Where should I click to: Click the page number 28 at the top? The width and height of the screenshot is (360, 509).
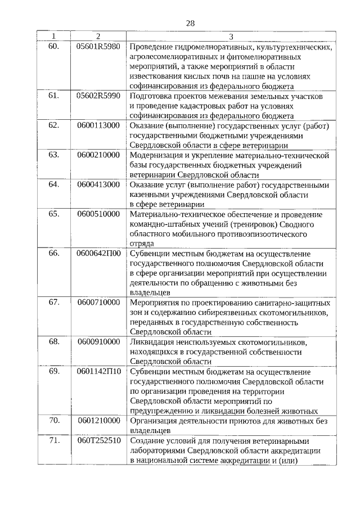point(190,23)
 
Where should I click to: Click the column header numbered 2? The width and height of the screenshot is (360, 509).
point(98,37)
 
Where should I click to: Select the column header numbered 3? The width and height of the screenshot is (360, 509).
point(231,37)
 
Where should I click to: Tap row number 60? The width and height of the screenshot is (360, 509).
point(54,46)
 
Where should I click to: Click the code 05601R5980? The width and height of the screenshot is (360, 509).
point(98,46)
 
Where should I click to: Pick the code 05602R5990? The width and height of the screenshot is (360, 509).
point(98,96)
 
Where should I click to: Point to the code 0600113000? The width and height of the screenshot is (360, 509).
point(98,125)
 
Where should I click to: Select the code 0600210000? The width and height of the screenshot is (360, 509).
point(98,155)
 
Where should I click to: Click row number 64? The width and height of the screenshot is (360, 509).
point(54,184)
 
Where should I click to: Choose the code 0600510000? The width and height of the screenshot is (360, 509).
point(98,214)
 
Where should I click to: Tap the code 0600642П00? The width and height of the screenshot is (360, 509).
point(98,253)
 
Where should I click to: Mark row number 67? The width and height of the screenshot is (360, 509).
point(54,302)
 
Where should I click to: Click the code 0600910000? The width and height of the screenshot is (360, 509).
point(98,341)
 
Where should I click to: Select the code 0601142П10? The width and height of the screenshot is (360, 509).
point(98,371)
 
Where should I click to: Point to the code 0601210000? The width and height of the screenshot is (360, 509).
point(98,420)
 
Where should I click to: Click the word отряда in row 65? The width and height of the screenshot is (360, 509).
point(142,244)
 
